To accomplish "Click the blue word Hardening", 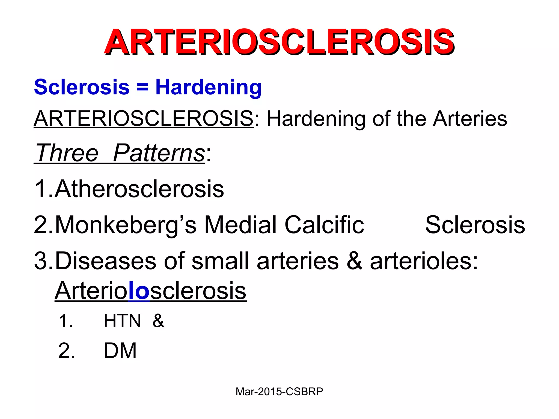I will pyautogui.click(x=208, y=87).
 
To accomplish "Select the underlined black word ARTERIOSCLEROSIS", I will pyautogui.click(x=144, y=119).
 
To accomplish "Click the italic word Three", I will pyautogui.click(x=67, y=153).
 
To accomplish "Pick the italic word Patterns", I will pyautogui.click(x=159, y=153).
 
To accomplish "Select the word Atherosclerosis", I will pyautogui.click(x=139, y=189).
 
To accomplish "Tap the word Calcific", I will pyautogui.click(x=324, y=225).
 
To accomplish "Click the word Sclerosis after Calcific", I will pyautogui.click(x=475, y=225).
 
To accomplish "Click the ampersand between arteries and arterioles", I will pyautogui.click(x=354, y=261).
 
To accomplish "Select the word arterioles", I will pyautogui.click(x=424, y=261).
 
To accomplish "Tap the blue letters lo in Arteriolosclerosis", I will pyautogui.click(x=139, y=291).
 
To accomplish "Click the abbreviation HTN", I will pyautogui.click(x=122, y=321).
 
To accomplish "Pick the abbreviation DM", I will pyautogui.click(x=120, y=351).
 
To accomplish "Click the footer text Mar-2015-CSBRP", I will pyautogui.click(x=279, y=392).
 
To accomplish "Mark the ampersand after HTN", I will pyautogui.click(x=158, y=321).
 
